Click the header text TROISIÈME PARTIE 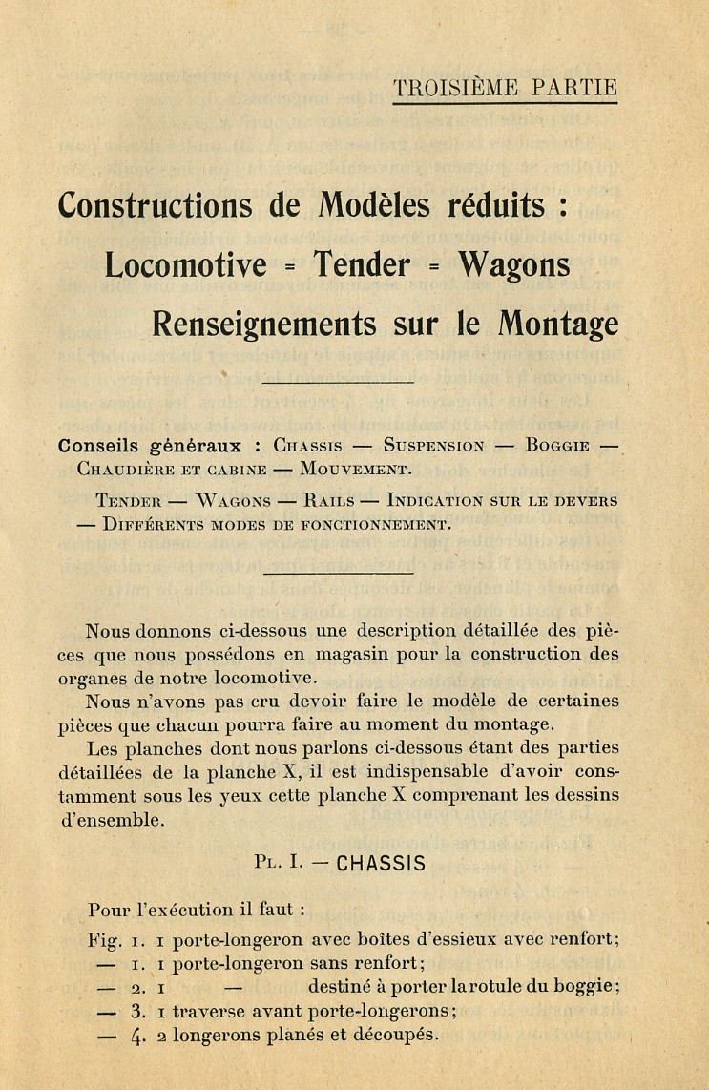[x=505, y=88]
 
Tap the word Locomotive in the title [x=186, y=264]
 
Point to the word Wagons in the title [x=514, y=264]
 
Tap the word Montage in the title [x=558, y=325]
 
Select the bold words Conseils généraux [x=155, y=446]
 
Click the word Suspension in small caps [x=433, y=446]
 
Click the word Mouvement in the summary [x=355, y=470]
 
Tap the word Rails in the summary [x=329, y=500]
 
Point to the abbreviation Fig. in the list [x=104, y=940]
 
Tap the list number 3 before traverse [x=137, y=1011]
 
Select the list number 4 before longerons [x=137, y=1036]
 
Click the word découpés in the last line [x=393, y=1035]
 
